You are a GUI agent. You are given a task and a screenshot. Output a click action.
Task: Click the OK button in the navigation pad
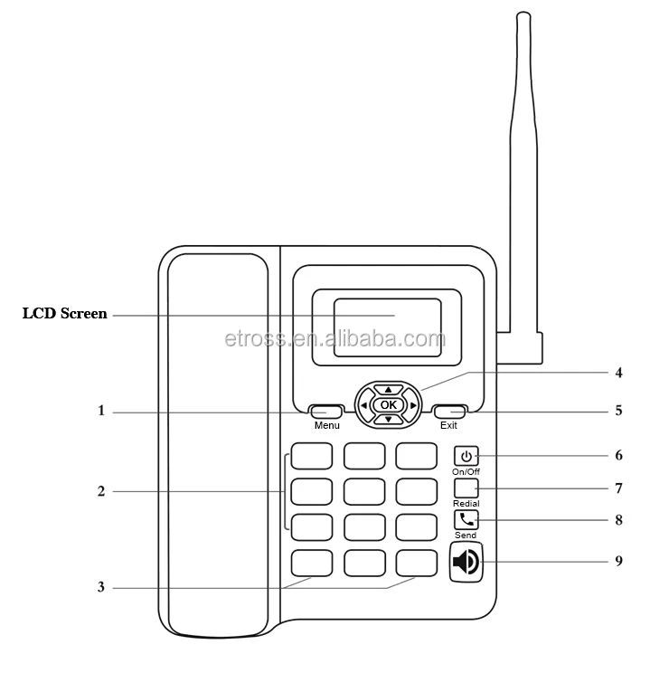(389, 404)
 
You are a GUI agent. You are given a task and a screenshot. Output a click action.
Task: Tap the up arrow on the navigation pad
(389, 390)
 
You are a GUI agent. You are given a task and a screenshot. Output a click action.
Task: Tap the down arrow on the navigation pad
(389, 419)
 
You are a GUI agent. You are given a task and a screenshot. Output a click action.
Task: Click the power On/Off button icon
(466, 456)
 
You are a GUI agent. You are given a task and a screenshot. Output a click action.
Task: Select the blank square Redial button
(466, 488)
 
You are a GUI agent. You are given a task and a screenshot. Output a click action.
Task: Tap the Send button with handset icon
(466, 520)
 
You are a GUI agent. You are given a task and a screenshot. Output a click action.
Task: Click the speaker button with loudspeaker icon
(466, 562)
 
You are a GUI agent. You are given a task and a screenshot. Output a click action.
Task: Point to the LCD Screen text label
(64, 315)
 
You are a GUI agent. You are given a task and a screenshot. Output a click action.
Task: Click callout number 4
(618, 372)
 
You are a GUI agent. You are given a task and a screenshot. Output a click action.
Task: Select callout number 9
(618, 561)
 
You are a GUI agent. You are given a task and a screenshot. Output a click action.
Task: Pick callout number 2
(102, 492)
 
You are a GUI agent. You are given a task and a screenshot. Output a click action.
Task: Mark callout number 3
(102, 587)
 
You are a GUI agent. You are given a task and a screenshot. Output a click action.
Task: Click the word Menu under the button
(327, 425)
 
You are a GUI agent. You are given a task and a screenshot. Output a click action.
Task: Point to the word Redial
(466, 503)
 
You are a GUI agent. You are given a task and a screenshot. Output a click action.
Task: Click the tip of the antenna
(522, 15)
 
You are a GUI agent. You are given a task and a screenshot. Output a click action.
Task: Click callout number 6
(618, 455)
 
